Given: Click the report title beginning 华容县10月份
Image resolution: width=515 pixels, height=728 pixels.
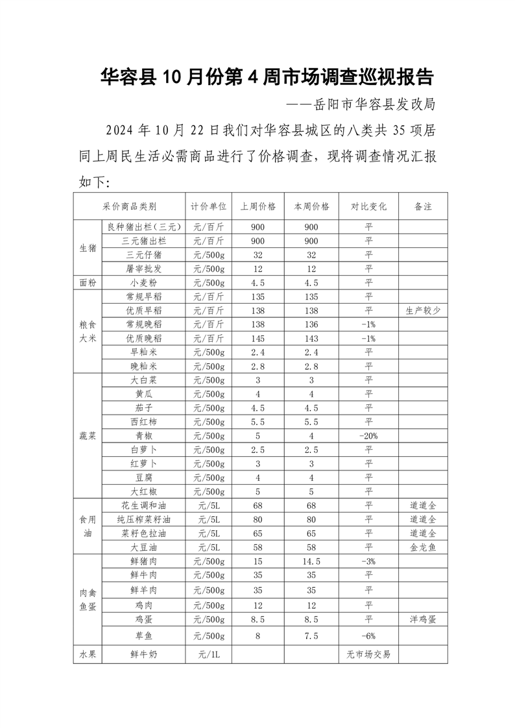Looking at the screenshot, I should point(267,78).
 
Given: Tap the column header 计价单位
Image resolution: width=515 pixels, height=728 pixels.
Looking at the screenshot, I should point(208,206).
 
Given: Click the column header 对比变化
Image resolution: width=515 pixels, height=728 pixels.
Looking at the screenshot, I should point(369,206).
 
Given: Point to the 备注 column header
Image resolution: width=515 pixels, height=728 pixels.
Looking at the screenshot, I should point(423,206).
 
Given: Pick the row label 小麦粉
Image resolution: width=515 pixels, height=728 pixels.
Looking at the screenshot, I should point(143,283).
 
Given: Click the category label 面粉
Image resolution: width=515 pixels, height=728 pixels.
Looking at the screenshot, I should point(88,283).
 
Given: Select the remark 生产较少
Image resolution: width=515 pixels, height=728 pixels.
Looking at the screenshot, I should point(423,311).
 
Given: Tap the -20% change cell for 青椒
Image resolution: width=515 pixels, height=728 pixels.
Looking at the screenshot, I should point(369,435).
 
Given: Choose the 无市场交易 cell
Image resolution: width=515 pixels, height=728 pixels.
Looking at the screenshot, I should point(369,655).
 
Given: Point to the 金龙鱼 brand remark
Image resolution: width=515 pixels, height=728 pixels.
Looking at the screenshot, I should point(423,547).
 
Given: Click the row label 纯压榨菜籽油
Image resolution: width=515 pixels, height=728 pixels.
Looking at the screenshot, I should point(143,519).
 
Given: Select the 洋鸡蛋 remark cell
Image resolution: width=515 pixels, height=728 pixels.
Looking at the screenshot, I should point(423,619).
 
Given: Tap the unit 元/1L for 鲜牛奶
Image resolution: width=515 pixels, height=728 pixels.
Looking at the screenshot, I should point(208,655).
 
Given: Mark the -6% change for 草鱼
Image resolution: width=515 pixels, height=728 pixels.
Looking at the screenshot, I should point(369,637).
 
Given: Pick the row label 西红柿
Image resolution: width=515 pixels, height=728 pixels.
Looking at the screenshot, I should point(143,422).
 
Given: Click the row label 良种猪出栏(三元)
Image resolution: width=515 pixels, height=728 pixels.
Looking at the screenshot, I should point(143,227).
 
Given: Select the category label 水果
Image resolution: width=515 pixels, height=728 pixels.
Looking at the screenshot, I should point(88,655).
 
